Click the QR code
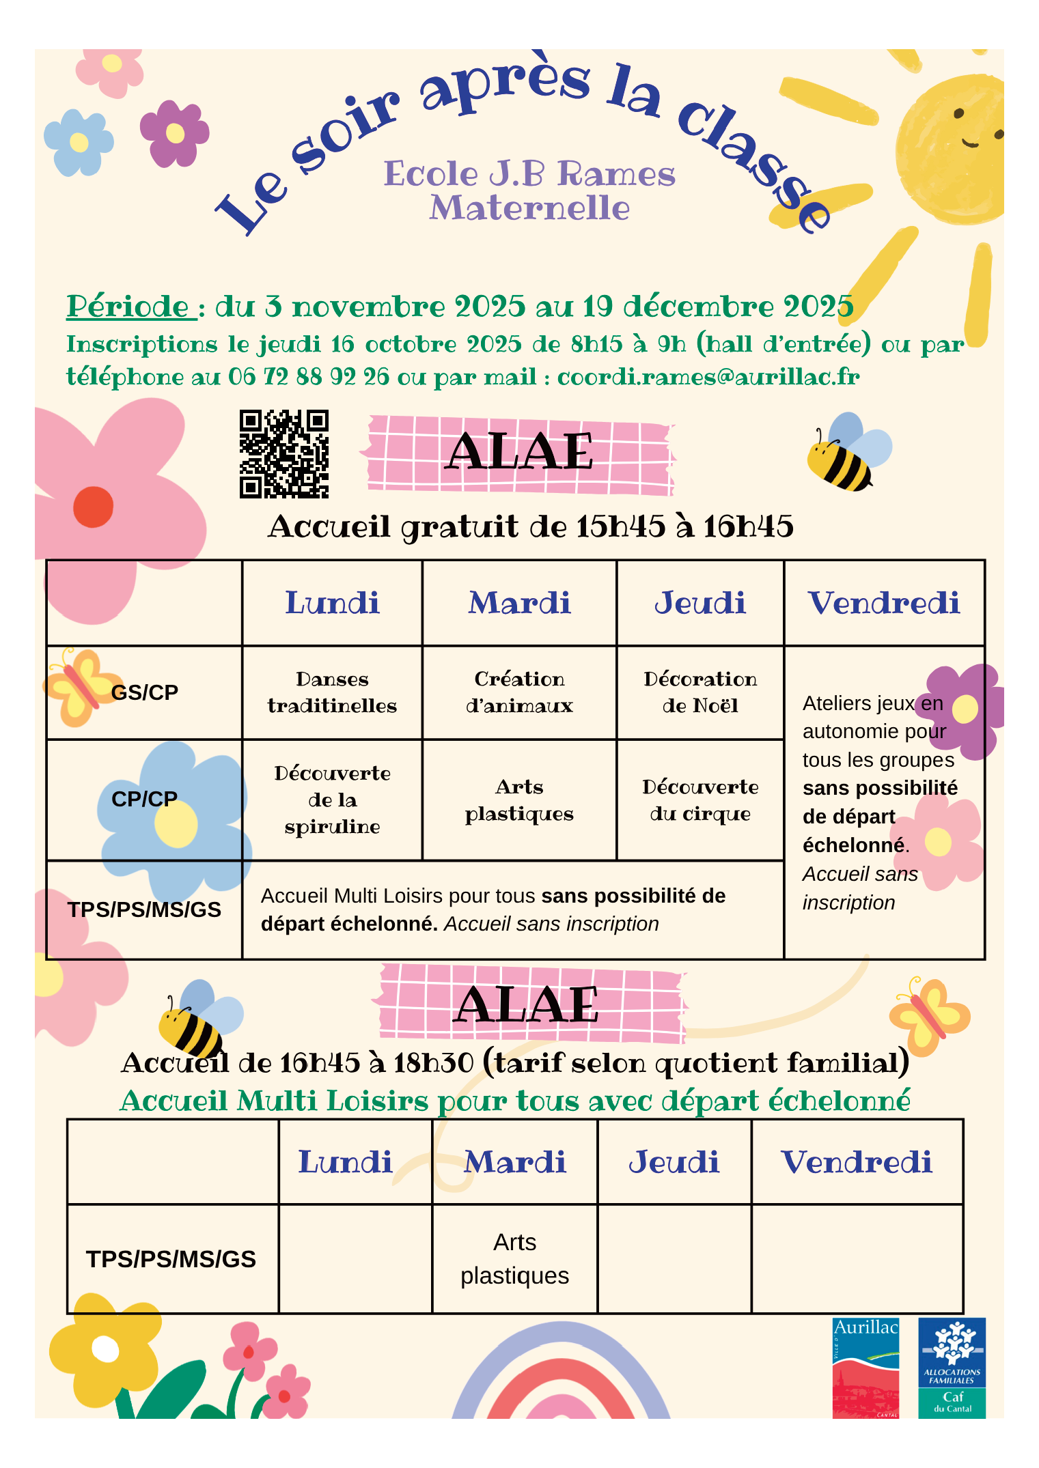pos(283,453)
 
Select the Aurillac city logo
pos(865,1367)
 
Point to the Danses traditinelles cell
pos(332,692)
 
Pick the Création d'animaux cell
pos(519,692)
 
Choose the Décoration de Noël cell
pos(700,692)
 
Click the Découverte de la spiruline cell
pos(332,800)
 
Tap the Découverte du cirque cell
pos(700,800)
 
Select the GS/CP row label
pos(144,692)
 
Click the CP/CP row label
pos(144,799)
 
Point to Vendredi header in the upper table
pos(884,604)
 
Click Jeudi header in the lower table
pos(674,1163)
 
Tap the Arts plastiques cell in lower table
pos(514,1258)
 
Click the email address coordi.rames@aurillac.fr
pos(708,377)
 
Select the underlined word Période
pos(128,307)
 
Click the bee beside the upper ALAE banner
pos(846,454)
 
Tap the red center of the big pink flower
pos(94,507)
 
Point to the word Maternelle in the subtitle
pos(529,208)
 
